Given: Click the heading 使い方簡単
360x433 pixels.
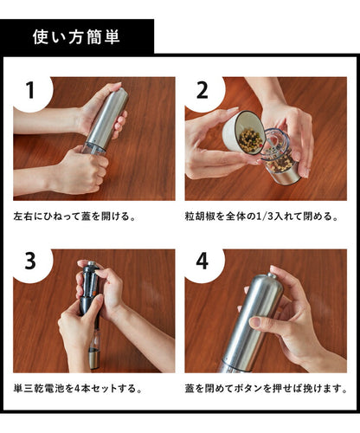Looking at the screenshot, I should [75, 37].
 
